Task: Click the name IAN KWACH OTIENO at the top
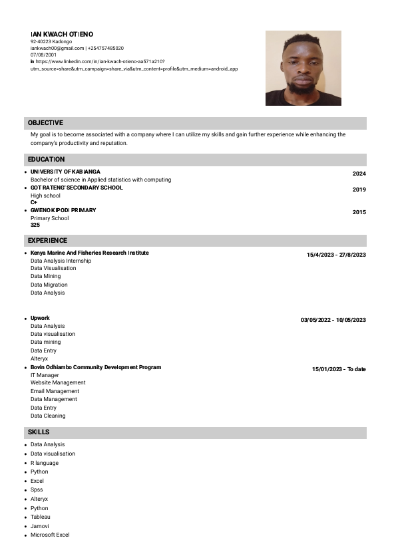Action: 62,34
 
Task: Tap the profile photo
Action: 303,68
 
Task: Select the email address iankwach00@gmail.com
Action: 57,49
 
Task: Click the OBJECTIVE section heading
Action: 45,123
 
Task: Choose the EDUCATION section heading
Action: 46,160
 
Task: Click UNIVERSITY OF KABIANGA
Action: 65,172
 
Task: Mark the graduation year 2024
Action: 359,174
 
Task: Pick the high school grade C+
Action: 34,202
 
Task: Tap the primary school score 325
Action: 35,225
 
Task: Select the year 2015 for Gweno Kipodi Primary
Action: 359,212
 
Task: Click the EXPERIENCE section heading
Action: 47,241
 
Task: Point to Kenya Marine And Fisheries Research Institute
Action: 90,253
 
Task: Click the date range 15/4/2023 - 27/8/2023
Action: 336,255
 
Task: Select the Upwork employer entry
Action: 40,318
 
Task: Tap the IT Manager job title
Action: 45,375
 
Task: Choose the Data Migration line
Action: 49,285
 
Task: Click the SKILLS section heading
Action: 39,433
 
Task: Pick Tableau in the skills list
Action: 41,517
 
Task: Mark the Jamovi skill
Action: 40,526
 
